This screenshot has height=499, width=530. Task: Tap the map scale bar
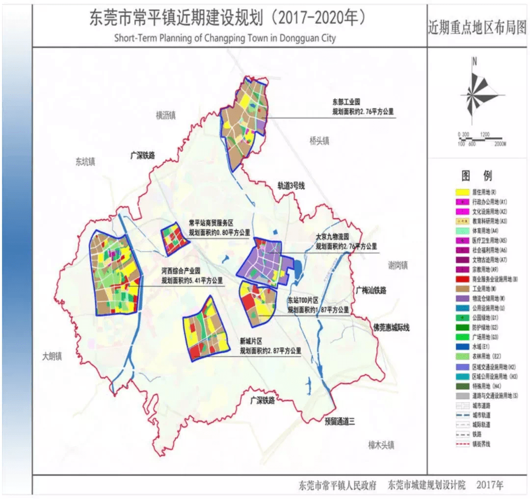481,139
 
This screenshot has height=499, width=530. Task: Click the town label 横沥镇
166,115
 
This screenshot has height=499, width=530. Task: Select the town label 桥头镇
319,141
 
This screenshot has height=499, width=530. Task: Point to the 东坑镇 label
85,161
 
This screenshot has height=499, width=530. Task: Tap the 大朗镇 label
52,356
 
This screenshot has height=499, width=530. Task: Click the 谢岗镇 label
397,265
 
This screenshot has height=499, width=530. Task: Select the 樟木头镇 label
381,445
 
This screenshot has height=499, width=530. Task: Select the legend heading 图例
477,175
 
